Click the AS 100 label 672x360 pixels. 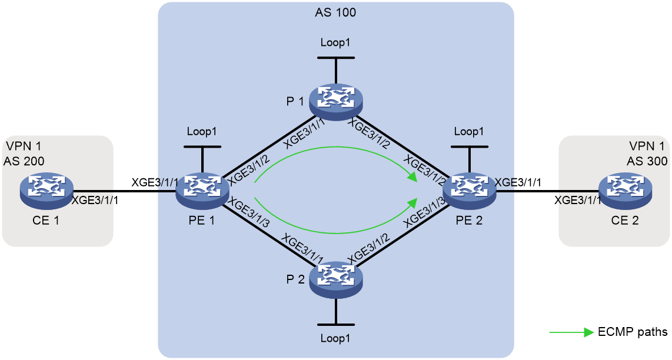coord(335,12)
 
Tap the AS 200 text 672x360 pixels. coord(24,161)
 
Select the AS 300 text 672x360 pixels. coord(647,161)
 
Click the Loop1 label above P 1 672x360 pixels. coord(335,42)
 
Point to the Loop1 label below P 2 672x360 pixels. coord(335,338)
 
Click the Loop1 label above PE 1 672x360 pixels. coord(202,131)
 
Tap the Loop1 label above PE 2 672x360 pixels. coord(469,131)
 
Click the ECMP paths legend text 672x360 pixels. coord(633,332)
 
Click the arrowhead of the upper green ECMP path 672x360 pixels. coord(412,176)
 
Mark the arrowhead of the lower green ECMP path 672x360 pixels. coord(413,202)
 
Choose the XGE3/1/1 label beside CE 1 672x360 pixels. coord(95,200)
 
